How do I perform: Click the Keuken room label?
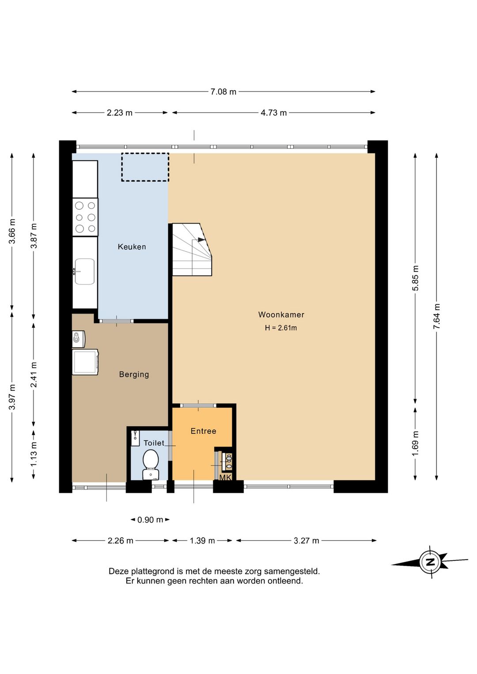tap(132, 247)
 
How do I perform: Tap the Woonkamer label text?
tap(281, 315)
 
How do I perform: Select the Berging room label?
tap(134, 375)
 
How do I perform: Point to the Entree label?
tap(204, 431)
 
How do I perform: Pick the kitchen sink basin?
tap(84, 271)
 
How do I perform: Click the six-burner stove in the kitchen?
tap(85, 217)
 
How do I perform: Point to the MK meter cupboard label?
tap(225, 477)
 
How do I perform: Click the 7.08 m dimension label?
tap(223, 92)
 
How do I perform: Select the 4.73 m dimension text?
tap(273, 113)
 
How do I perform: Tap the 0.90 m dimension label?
tap(150, 520)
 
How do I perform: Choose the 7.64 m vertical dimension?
tap(437, 316)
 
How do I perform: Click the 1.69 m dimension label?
tap(415, 443)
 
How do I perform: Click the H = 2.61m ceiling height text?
tap(281, 328)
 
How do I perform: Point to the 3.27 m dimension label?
tap(307, 541)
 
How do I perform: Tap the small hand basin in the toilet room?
tap(136, 438)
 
